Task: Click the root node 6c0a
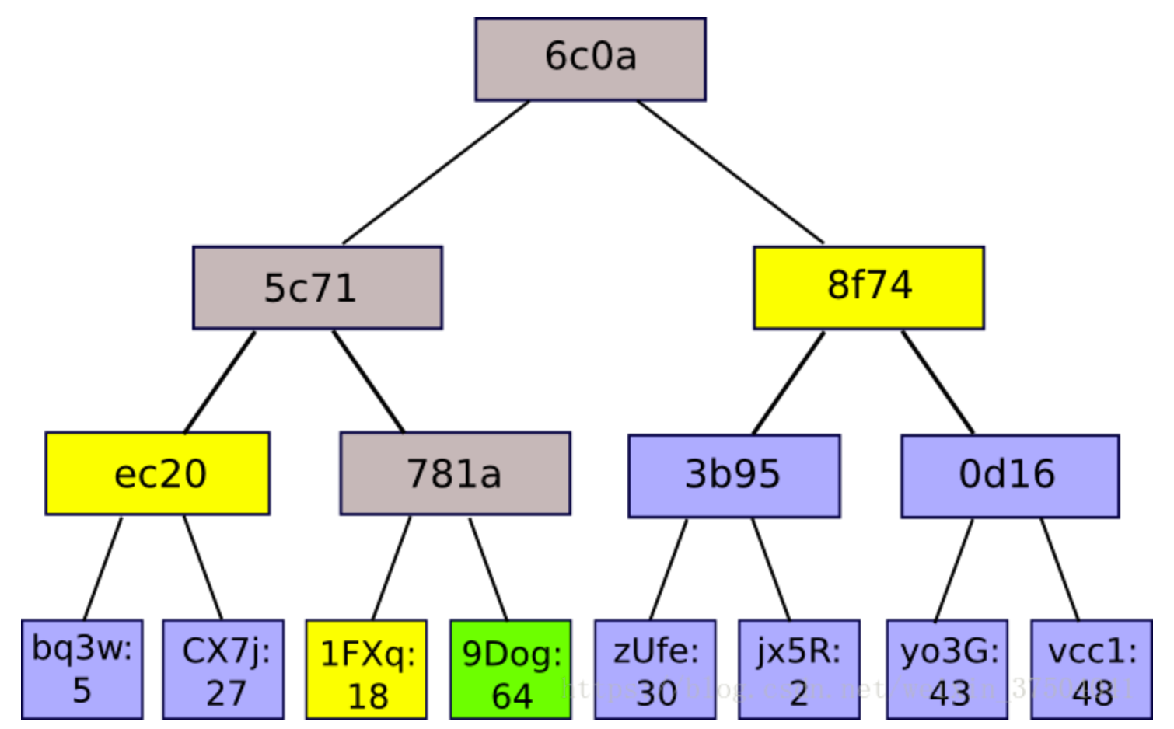(590, 59)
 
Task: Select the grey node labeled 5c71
(317, 288)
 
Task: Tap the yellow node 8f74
(868, 288)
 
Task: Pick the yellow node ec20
(158, 473)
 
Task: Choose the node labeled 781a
(455, 473)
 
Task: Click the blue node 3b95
(734, 476)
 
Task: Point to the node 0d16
(1009, 476)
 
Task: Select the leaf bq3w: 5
(82, 669)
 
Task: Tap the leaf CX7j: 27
(224, 669)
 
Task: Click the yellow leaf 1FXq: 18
(366, 669)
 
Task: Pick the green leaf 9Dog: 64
(511, 669)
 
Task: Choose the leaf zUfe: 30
(655, 669)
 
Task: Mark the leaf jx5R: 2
(798, 669)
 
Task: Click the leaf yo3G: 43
(947, 669)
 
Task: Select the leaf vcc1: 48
(1091, 669)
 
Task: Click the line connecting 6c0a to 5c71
(436, 172)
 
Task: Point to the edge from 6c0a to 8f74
(730, 172)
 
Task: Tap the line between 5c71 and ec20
(220, 382)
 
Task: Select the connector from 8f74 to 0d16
(938, 382)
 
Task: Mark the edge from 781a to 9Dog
(488, 570)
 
